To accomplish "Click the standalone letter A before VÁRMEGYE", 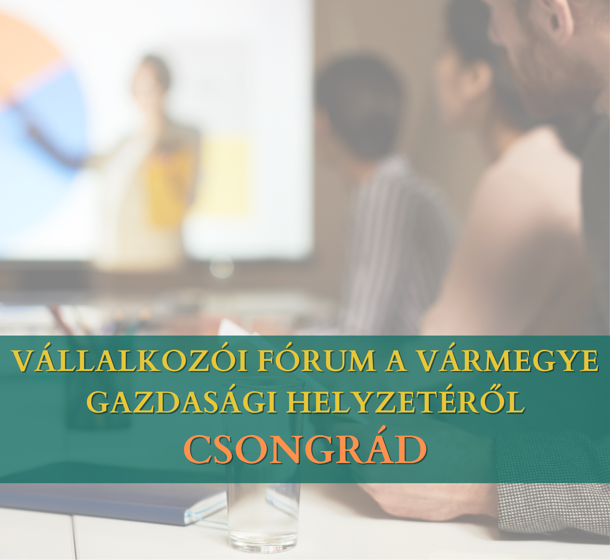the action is click(396, 361).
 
